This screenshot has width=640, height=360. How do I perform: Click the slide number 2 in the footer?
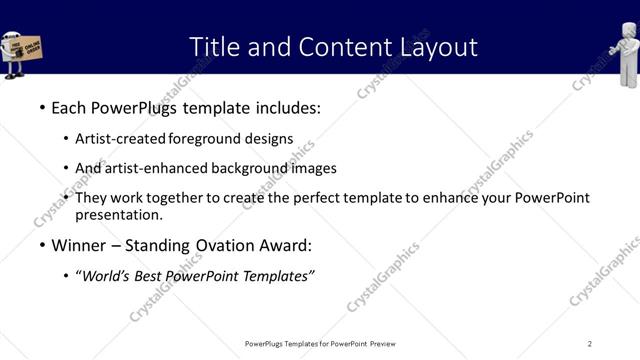(x=590, y=344)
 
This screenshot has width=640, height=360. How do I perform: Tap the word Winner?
(x=79, y=245)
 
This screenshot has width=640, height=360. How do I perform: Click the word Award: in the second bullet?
(x=291, y=245)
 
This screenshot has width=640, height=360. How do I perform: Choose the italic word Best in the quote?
(x=145, y=276)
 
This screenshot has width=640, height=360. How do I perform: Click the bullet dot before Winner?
(x=41, y=245)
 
